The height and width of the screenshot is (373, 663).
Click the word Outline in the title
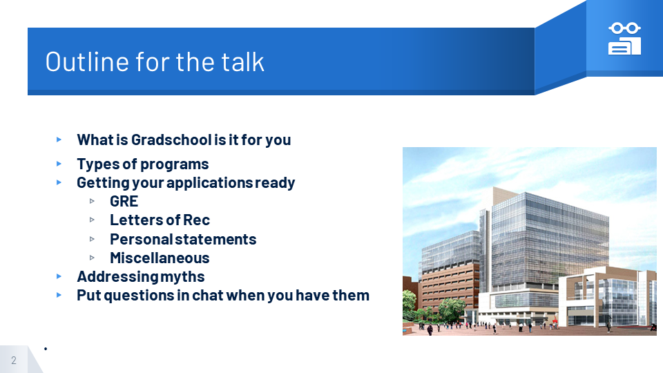point(87,61)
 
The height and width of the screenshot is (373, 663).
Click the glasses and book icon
point(624,39)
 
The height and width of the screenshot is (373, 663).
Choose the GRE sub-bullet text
point(124,201)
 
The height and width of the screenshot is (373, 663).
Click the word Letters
point(136,220)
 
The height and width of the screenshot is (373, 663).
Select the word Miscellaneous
point(160,258)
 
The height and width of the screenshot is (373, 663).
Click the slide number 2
point(14,361)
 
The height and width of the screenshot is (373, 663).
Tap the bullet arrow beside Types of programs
point(59,164)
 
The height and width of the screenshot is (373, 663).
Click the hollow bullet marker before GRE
point(92,201)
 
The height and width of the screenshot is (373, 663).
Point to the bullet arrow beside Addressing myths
point(59,276)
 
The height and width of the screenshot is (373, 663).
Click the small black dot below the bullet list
point(46,349)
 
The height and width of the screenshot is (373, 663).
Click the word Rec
point(197,220)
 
